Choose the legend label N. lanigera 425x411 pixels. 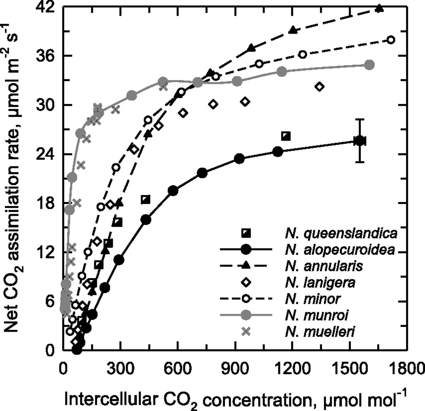[320, 282]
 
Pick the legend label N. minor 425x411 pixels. [312, 298]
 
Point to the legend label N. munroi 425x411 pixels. [316, 315]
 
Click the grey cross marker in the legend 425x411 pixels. [246, 331]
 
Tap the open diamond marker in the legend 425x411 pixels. [246, 282]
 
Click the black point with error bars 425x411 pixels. [360, 141]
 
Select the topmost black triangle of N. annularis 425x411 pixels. [379, 9]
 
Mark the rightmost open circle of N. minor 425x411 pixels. [391, 40]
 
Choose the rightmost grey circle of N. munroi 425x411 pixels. [369, 65]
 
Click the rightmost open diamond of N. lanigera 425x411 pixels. [320, 87]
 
